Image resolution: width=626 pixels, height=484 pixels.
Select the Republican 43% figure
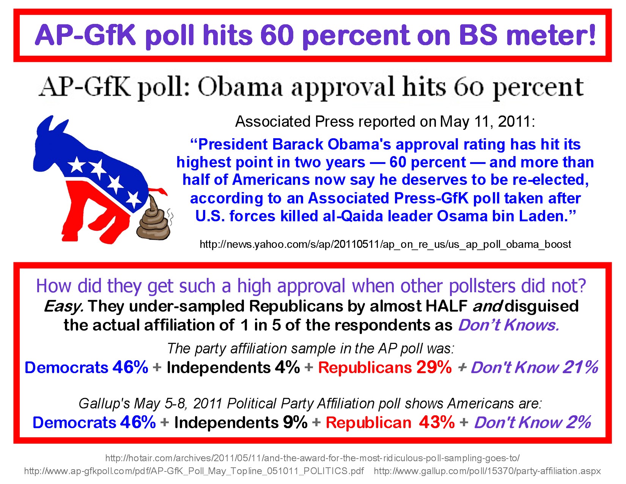tap(437, 423)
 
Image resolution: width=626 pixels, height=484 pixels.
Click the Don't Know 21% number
tap(580, 367)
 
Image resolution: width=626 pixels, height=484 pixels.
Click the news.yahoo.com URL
tap(385, 244)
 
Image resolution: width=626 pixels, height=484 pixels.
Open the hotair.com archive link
tap(312, 458)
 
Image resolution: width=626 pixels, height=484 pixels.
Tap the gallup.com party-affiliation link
tap(487, 471)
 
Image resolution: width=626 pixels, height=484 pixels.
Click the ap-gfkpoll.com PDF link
tap(194, 471)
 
